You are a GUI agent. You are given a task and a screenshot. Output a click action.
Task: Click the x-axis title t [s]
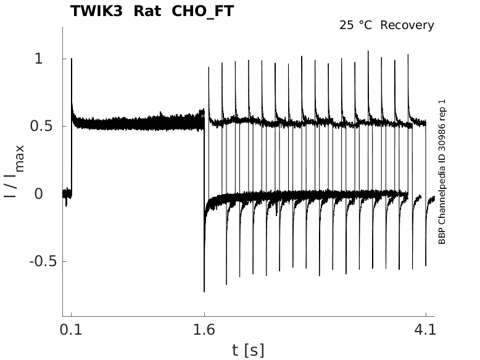248,351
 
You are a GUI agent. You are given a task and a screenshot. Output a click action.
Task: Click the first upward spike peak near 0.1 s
72,59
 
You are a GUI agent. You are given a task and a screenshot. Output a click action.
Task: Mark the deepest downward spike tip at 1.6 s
204,291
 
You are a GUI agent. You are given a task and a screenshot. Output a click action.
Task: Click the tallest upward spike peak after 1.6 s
368,51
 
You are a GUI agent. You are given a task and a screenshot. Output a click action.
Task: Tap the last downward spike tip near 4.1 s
426,266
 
